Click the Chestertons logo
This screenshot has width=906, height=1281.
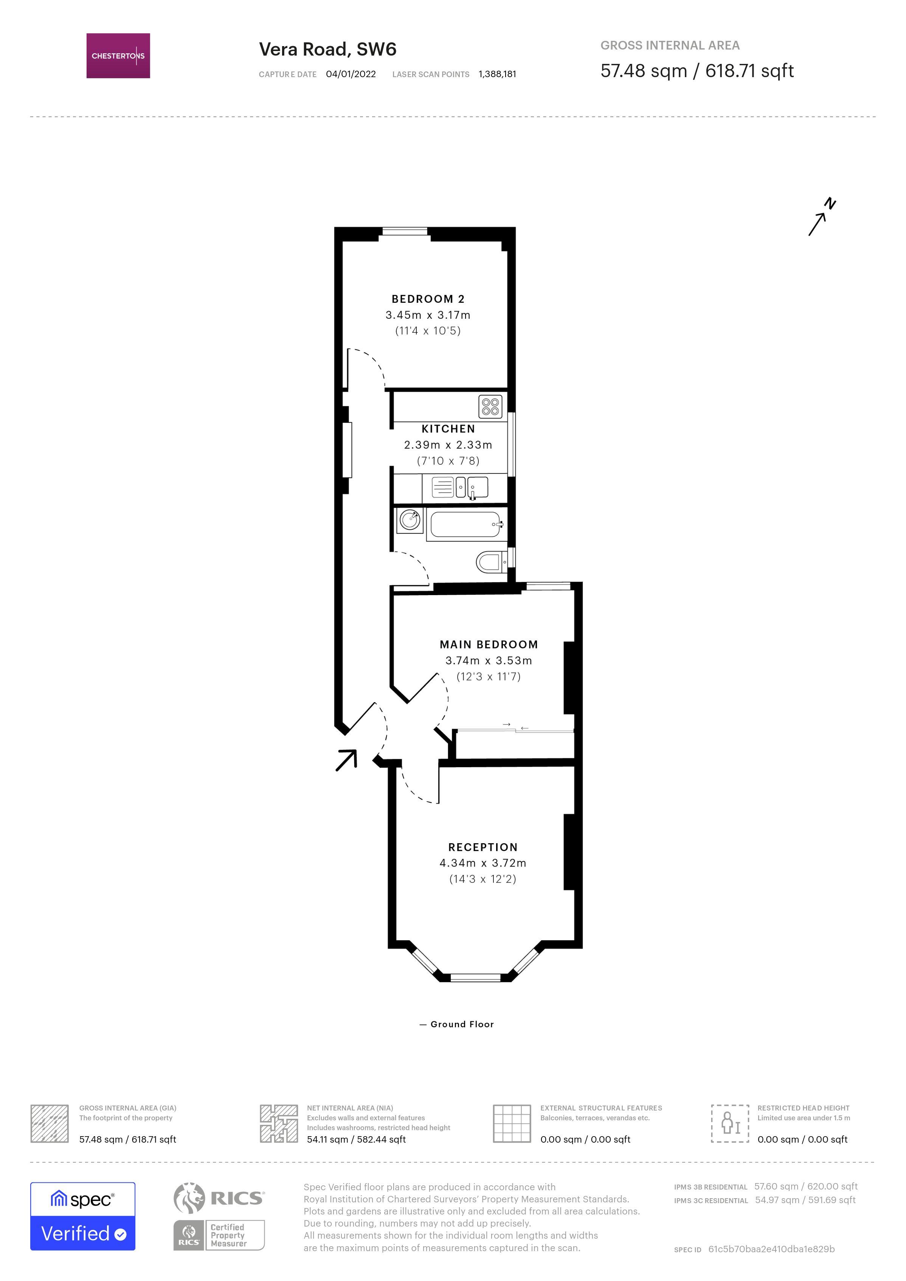118,56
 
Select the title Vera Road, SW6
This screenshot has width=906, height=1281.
327,50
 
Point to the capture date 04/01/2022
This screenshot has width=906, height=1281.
351,74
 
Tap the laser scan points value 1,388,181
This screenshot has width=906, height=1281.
497,74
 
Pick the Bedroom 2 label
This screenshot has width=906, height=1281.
428,299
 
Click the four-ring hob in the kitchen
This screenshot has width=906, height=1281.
490,407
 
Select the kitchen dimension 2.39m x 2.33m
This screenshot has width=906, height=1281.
448,445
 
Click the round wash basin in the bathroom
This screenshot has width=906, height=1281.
410,520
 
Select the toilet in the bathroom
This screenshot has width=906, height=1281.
489,562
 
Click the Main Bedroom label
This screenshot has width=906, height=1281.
489,644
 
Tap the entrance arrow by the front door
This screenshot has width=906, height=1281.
346,760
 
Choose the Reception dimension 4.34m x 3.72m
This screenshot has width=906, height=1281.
482,863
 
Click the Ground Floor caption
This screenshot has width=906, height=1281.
462,1024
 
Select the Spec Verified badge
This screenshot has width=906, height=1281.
82,1216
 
